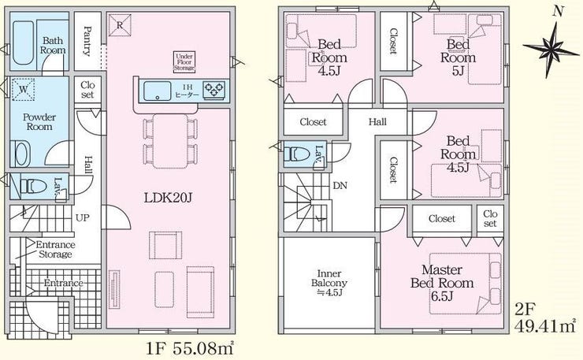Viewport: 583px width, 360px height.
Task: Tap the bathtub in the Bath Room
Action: (x=24, y=43)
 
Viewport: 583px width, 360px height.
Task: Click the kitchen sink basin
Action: (x=158, y=91)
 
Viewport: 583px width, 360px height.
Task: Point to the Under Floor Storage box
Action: (x=184, y=61)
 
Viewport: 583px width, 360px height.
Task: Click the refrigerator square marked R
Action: (x=120, y=25)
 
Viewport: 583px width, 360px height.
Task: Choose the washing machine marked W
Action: (x=24, y=89)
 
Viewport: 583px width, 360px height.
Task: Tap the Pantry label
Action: (x=87, y=41)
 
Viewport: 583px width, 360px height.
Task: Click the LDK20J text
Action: (x=168, y=198)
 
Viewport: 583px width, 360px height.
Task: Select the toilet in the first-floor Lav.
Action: (x=33, y=186)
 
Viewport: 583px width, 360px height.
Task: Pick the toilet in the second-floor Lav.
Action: (x=296, y=154)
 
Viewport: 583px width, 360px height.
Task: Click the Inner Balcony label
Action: (x=329, y=283)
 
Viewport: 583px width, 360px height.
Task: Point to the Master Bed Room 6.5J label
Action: (x=442, y=283)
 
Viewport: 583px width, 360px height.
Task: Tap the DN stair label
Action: (x=340, y=185)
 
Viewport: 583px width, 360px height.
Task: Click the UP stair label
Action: (x=83, y=217)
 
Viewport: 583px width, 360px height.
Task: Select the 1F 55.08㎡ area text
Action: (x=191, y=348)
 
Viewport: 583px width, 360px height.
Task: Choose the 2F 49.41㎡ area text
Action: (x=545, y=317)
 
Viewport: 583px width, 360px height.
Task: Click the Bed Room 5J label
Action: (x=458, y=58)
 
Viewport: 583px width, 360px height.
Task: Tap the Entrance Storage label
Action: (x=55, y=250)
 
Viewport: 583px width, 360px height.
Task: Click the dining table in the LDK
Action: (x=170, y=141)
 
